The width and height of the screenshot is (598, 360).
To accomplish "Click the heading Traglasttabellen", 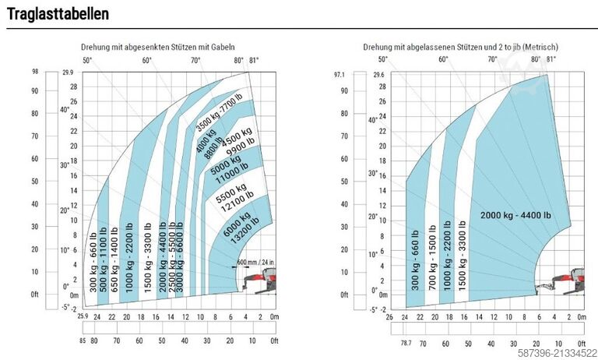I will coord(58,14).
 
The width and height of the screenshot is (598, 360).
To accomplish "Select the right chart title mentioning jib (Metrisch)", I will coord(460,47).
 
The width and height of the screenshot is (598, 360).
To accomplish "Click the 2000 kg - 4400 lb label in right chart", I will coord(515,215).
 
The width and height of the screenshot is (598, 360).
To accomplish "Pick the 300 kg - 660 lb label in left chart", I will coord(95,263).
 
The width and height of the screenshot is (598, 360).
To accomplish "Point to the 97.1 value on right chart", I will coord(338,75).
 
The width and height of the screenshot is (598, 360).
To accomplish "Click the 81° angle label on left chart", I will coord(255,60).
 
